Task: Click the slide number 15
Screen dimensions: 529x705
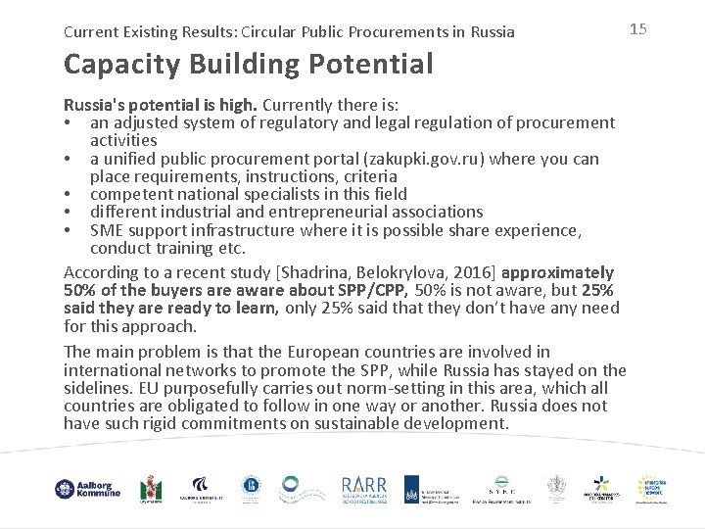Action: [638, 29]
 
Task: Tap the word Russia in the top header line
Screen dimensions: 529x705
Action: [491, 31]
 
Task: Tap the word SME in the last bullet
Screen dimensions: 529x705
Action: [107, 229]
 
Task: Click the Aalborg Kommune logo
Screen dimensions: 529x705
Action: [88, 489]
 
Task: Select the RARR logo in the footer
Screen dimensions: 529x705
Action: [364, 488]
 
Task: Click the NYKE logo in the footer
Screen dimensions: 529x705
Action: [501, 488]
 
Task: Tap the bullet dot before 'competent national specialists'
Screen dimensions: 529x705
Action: [69, 194]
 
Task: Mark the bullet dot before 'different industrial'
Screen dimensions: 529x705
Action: [69, 212]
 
